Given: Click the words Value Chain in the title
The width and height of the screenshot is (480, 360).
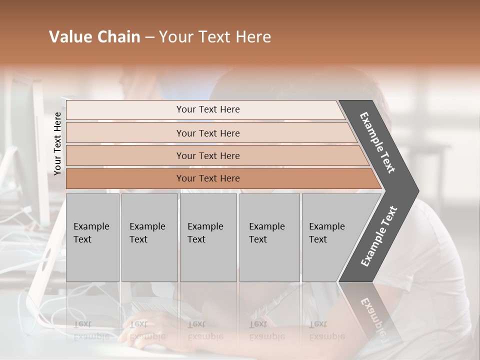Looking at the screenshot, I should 94,37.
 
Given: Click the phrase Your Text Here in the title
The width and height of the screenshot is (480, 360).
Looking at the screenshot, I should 215,37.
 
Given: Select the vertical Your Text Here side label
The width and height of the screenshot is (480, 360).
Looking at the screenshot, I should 57,143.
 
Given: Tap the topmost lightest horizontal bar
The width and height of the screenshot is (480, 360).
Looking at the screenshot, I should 207,109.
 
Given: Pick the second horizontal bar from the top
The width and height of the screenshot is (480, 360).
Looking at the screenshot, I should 207,133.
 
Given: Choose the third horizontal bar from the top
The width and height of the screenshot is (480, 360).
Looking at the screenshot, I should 207,155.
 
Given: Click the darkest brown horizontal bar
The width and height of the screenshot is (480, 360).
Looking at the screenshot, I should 207,178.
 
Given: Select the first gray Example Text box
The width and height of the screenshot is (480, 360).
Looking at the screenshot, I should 92,237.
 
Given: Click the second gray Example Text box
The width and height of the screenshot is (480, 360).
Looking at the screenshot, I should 149,237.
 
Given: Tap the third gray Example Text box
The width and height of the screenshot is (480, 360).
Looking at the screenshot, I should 207,237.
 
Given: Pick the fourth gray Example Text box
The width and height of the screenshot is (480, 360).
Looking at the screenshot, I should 269,237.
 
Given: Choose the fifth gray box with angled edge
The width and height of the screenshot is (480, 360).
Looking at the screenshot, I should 330,237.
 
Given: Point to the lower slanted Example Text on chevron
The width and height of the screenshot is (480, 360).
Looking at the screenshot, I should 379,236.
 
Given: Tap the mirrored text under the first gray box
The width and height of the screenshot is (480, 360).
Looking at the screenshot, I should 91,330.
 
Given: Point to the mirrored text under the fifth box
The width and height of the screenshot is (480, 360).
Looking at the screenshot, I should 327,330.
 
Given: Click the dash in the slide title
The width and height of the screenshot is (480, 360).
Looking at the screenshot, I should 149,37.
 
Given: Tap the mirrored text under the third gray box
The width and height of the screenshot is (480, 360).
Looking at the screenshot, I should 205,330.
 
